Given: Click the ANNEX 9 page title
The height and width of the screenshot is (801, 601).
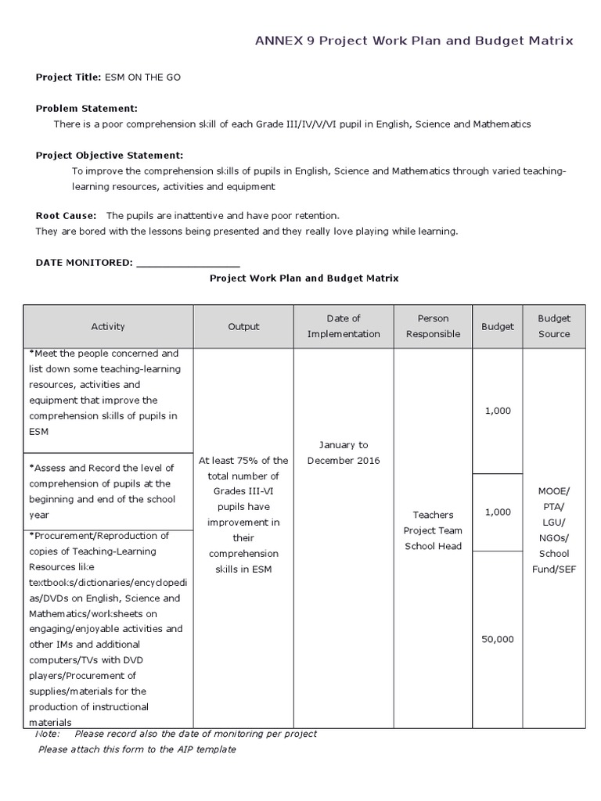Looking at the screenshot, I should [x=415, y=41].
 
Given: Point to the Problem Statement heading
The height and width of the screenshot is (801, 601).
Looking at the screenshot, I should [x=87, y=108].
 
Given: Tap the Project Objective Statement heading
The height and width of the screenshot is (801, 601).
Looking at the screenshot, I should [x=110, y=155].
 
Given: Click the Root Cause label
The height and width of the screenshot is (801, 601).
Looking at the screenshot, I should [x=67, y=215].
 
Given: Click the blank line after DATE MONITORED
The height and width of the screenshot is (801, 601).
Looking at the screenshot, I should [x=188, y=263].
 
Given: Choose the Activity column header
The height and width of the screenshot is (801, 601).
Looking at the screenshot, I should [x=108, y=326].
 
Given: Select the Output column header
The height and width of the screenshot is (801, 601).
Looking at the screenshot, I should [x=243, y=326].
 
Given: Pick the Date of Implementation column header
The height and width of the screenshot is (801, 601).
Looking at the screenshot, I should [x=344, y=326].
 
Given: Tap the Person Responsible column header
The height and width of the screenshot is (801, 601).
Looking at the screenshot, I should [x=433, y=326].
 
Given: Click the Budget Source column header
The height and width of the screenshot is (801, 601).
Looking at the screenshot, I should [x=554, y=326].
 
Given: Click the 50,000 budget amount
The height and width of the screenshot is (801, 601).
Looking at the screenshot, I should [x=498, y=639].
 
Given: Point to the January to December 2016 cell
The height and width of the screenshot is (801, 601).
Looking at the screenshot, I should [x=344, y=452].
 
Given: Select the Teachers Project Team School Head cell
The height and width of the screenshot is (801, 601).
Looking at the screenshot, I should [x=433, y=530].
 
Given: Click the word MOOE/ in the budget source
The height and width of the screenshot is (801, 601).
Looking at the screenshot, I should [x=554, y=491].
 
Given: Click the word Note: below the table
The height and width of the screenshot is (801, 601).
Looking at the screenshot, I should [x=48, y=734].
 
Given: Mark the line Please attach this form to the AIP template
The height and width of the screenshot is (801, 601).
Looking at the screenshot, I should [x=137, y=749].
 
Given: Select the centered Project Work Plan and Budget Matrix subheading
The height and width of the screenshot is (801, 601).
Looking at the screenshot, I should [x=304, y=278].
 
